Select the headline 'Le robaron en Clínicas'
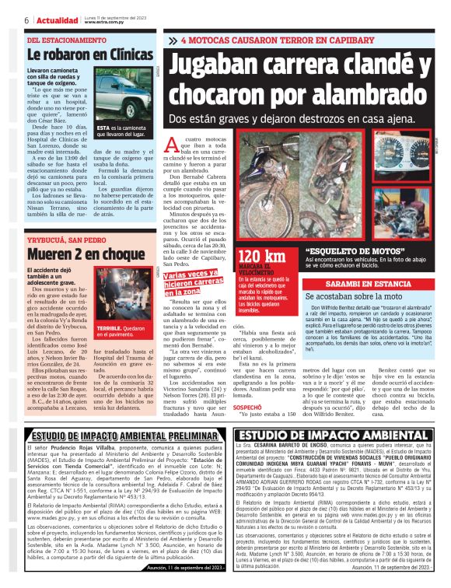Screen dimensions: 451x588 tap(90, 55)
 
